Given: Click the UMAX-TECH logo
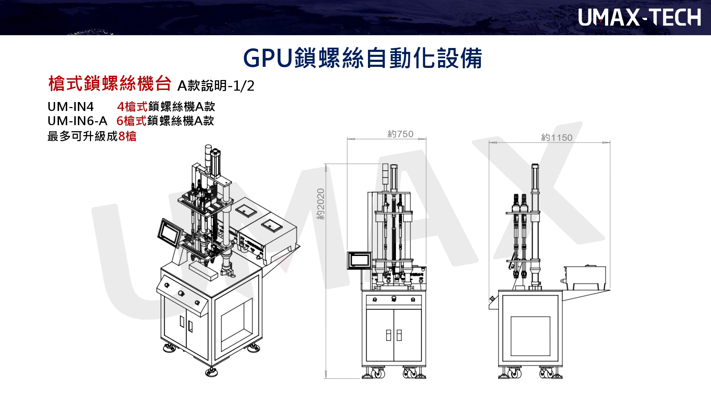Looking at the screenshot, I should pos(639,17).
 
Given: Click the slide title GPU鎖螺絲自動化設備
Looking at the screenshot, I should pos(362,58).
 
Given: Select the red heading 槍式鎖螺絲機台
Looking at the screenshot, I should pos(110,84).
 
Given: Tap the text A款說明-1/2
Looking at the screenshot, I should pos(216,86).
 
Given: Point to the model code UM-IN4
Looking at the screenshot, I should pos(71,106).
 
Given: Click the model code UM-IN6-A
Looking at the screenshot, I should pos(77,121).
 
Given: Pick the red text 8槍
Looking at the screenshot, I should pos(127,136).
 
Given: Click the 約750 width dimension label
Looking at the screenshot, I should pos(400,134).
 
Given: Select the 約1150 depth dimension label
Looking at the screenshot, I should pos(557,138).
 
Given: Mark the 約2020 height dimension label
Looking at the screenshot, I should pos(321,204).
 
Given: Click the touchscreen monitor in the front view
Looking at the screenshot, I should pos(359,260).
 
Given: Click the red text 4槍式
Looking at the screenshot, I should pos(132,106).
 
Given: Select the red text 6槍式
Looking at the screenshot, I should pos(132,121).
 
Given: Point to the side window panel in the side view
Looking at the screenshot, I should pos(530,336).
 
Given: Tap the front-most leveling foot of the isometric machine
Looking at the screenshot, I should pos(211,372).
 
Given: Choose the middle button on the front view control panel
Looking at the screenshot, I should pos(394,299).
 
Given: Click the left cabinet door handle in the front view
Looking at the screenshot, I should pos(389,335).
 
